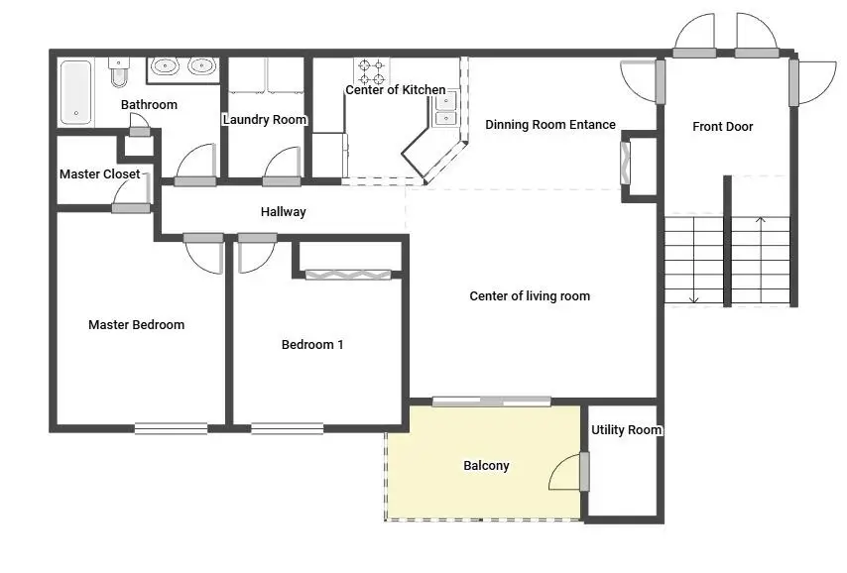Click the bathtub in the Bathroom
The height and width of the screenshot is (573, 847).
point(76,92)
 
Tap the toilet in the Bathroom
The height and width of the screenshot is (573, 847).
point(119,72)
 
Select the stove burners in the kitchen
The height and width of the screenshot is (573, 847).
point(372,71)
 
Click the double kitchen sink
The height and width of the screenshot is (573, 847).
point(445,109)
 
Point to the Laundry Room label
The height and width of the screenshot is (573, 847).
point(265,120)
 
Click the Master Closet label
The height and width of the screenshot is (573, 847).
point(99,174)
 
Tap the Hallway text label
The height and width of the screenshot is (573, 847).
point(284,212)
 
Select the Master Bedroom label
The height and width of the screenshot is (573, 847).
point(136,325)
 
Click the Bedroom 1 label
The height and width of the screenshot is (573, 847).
point(312,345)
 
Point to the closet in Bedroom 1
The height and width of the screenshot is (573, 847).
point(347,274)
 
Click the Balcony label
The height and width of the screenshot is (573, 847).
point(486,466)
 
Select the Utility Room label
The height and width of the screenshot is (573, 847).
point(626,430)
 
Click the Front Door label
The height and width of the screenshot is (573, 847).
point(722,127)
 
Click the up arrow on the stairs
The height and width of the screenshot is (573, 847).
point(761,222)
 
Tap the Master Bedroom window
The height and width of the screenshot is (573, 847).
point(171,428)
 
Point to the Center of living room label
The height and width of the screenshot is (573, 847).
point(530,296)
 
